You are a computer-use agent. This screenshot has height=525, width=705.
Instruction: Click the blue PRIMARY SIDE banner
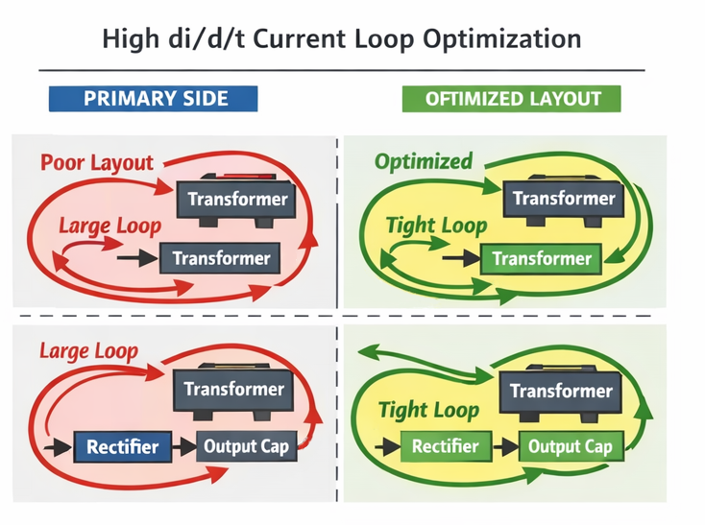pos(154,99)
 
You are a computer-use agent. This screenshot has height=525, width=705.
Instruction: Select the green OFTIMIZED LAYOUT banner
pos(512,99)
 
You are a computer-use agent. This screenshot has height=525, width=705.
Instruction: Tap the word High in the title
pos(130,39)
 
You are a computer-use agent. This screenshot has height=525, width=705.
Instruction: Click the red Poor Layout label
pos(97,162)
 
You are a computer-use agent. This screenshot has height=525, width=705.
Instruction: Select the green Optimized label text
pos(424,160)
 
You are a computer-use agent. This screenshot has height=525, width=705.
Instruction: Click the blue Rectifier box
pos(122,446)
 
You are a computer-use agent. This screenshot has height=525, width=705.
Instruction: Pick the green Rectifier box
pos(445,446)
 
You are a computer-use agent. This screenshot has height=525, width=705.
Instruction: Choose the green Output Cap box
pos(570,446)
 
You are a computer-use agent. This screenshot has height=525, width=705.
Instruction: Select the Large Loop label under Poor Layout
pos(109,227)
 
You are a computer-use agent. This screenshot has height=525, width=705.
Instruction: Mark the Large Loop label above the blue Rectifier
pos(88,351)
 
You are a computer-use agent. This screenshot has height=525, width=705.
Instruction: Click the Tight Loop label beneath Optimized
pos(436,227)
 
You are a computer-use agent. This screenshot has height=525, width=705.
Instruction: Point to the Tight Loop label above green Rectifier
pos(428,411)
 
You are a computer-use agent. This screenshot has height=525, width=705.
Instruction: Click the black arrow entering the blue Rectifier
pos(60,446)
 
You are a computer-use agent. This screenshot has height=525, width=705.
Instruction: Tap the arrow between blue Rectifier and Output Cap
pos(182,446)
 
